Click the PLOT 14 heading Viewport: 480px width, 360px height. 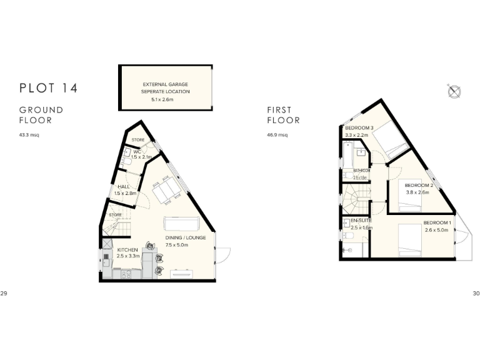coord(48,88)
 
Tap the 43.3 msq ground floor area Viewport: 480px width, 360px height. coord(29,135)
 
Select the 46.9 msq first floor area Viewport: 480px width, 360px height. coord(277,135)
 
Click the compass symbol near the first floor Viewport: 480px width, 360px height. coord(454,91)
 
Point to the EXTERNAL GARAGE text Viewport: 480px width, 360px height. coord(165,84)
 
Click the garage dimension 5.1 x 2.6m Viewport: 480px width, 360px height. coord(165,99)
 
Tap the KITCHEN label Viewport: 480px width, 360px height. coord(127,250)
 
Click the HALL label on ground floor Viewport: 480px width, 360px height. coord(123,187)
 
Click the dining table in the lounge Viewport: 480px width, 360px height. coord(166,191)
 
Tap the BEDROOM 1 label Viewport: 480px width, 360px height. coord(437,223)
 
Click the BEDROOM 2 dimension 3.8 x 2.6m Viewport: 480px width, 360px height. coord(417,192)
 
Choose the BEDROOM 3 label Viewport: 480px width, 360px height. coord(359,128)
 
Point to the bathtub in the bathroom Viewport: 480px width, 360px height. coord(346,156)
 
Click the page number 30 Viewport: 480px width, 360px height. coord(476,293)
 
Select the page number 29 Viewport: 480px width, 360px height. coord(4,293)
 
